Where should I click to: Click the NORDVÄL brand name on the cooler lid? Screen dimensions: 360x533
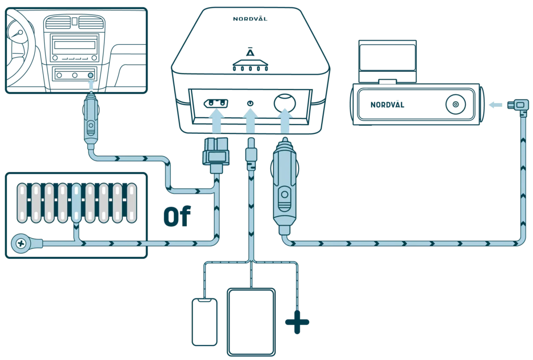(x=250, y=19)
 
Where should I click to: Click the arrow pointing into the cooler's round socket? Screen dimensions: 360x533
(x=285, y=119)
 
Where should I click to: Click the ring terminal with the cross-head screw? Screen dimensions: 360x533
(x=22, y=243)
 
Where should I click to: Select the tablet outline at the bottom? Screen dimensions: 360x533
(x=251, y=322)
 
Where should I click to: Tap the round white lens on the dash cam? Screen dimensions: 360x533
(x=455, y=105)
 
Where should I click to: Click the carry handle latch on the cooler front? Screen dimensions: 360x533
(x=250, y=67)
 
